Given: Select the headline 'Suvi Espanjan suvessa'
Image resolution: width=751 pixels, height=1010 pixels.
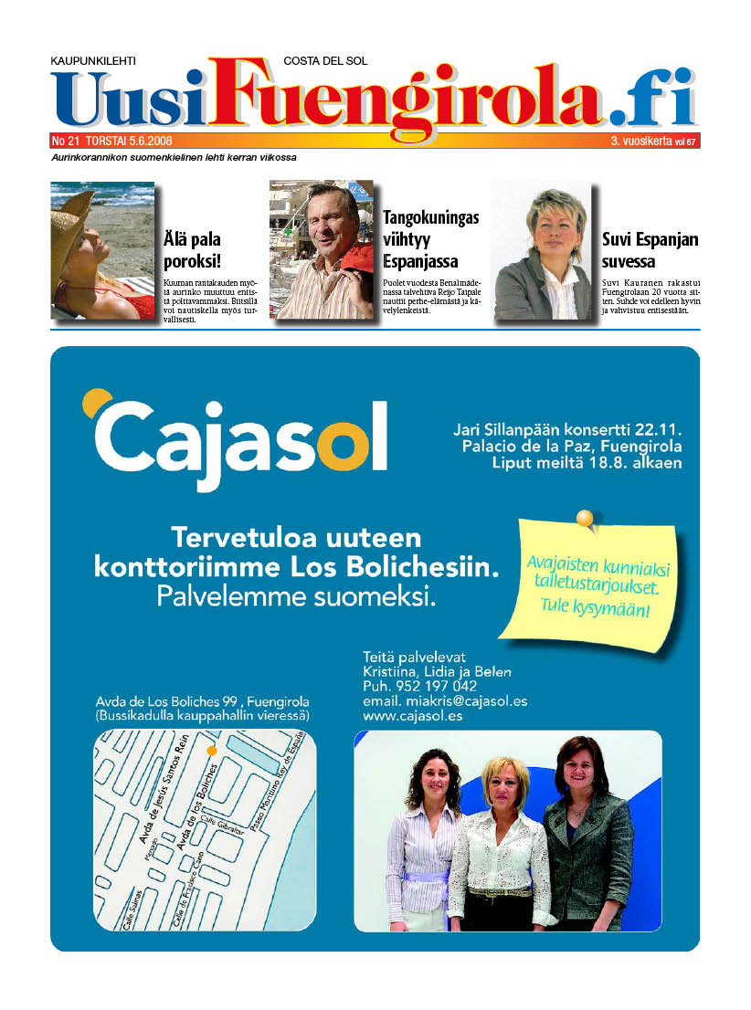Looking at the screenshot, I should [650, 250].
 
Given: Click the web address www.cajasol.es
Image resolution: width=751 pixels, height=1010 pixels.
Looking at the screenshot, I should [413, 717].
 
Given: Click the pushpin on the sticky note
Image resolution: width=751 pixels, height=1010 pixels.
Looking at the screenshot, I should [585, 521].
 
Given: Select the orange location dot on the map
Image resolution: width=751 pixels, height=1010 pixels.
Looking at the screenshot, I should [212, 750].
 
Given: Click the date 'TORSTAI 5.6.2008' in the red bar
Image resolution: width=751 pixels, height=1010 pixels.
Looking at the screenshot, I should [128, 142].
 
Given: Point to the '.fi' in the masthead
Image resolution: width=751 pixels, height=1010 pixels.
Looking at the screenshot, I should [652, 100].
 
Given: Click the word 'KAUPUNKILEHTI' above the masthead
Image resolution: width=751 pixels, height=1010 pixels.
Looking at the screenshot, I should [93, 61].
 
